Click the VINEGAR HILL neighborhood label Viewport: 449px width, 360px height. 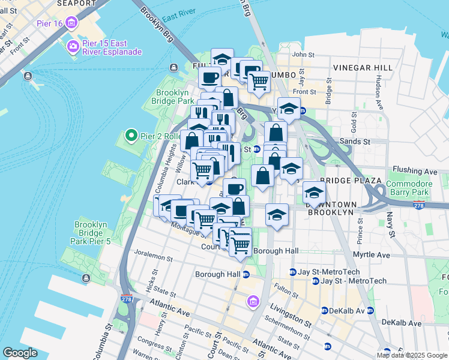(x=363, y=67)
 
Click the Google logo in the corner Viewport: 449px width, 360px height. (x=20, y=352)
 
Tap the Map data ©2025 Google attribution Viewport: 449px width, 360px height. (x=412, y=355)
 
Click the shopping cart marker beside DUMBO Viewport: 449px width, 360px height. (x=259, y=82)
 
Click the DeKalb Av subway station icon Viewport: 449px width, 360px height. (x=325, y=311)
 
